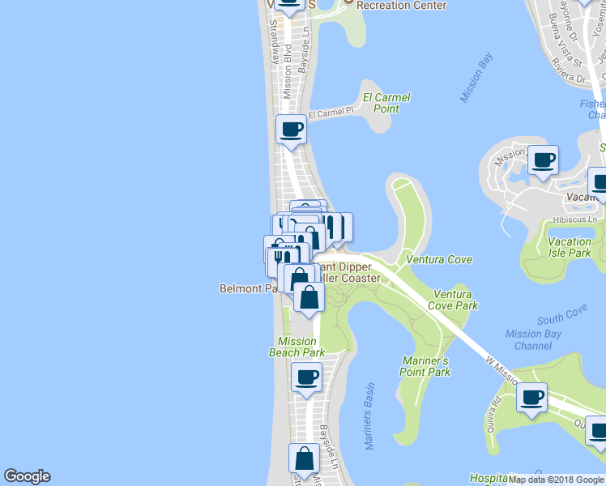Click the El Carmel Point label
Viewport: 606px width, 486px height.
click(x=386, y=103)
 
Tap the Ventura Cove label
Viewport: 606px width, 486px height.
click(x=439, y=260)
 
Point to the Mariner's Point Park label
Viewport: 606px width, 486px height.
click(x=425, y=366)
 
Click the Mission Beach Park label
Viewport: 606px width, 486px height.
click(x=297, y=347)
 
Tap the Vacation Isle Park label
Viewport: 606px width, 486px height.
click(x=569, y=247)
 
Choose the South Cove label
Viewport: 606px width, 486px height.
click(x=561, y=311)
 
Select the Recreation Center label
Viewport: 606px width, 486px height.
click(x=401, y=6)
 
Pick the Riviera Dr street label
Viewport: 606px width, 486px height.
click(x=566, y=79)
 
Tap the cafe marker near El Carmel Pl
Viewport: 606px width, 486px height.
click(x=291, y=129)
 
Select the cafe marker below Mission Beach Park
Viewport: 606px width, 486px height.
click(x=306, y=377)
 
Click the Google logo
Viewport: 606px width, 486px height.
click(x=27, y=477)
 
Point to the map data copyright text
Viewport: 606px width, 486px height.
click(x=556, y=480)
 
